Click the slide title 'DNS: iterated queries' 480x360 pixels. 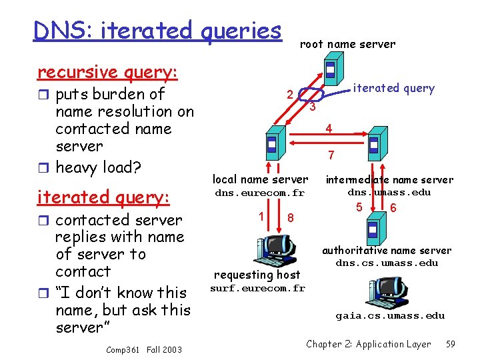[157, 30]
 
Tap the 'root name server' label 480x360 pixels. [347, 44]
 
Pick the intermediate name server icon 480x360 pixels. [373, 144]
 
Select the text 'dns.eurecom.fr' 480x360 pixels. [259, 193]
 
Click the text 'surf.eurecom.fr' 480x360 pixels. [257, 288]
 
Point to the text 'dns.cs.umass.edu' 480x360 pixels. [387, 263]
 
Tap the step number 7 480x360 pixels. [331, 155]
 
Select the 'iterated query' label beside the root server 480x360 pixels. [393, 88]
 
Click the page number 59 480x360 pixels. [451, 344]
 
